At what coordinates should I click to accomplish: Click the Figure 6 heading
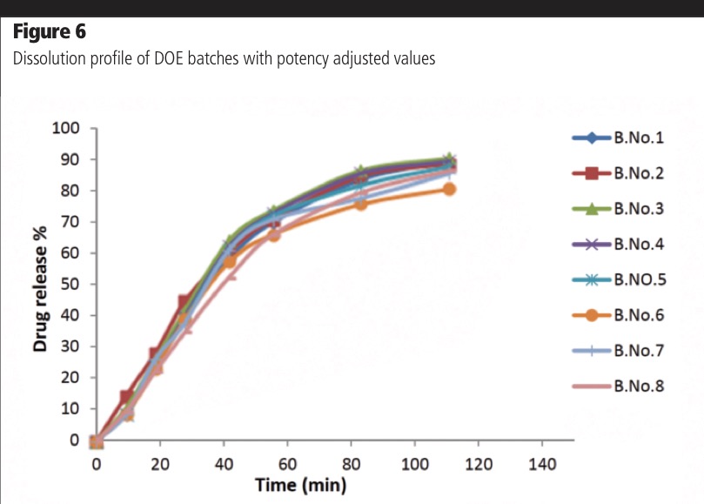(x=50, y=33)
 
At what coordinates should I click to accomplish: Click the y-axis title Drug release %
(x=40, y=286)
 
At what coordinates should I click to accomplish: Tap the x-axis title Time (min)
(x=301, y=485)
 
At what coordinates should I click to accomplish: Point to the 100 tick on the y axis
(x=67, y=129)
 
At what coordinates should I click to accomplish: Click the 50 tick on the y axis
(x=70, y=285)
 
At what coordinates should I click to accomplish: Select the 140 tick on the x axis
(x=542, y=464)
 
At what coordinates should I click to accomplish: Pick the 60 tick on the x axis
(x=287, y=464)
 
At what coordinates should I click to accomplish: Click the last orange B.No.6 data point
(x=449, y=188)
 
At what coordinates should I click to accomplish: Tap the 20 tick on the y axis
(x=70, y=378)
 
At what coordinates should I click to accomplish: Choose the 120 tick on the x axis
(x=479, y=464)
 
